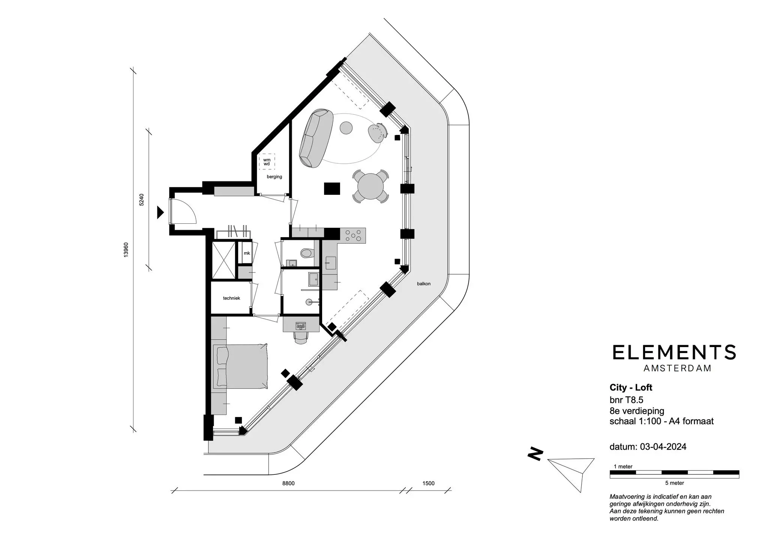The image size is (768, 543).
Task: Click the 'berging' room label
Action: tap(274, 177)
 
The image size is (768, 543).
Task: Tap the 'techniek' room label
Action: tap(231, 298)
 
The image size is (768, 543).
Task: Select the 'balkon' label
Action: tap(424, 284)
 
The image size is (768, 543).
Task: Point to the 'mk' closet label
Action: tap(247, 253)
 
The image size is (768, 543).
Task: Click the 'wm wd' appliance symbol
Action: tap(267, 162)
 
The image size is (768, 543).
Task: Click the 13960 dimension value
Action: tap(126, 250)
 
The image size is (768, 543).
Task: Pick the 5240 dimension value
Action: tap(141, 200)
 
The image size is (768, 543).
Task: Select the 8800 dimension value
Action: tap(288, 483)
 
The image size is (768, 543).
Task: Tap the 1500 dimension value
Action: tap(428, 483)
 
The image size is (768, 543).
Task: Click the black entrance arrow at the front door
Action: tap(160, 212)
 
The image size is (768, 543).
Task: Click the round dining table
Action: tap(370, 186)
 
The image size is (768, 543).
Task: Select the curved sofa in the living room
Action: tap(316, 138)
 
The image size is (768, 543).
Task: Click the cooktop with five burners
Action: tap(353, 236)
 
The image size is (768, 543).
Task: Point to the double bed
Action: tap(240, 366)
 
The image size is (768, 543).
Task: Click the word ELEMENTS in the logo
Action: tap(674, 353)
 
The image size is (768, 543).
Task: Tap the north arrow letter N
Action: tap(535, 454)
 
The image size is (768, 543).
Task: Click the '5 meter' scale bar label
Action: tap(675, 483)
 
